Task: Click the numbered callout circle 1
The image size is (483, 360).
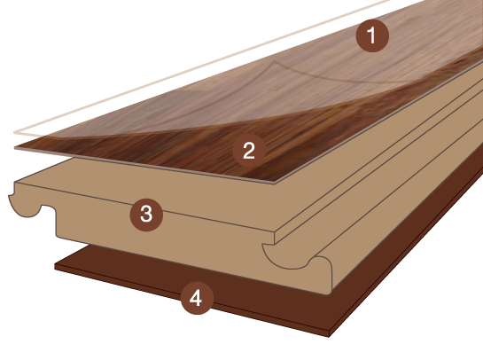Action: tap(372, 35)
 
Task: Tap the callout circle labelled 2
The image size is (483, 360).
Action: tap(249, 151)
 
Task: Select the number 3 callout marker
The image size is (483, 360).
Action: tap(146, 215)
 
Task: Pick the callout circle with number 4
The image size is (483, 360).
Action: tap(197, 298)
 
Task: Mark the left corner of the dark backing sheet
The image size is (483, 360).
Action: tap(55, 266)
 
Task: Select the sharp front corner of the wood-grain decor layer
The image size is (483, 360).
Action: tap(274, 183)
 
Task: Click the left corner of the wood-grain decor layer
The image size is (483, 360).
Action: tap(15, 148)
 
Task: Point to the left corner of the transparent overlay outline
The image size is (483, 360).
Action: tap(14, 132)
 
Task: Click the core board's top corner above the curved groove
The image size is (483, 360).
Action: tap(274, 233)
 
